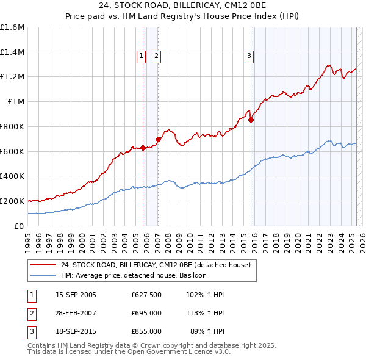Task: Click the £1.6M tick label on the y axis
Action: pyautogui.click(x=12, y=27)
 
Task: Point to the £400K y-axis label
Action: pyautogui.click(x=12, y=176)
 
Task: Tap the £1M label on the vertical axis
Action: pyautogui.click(x=16, y=102)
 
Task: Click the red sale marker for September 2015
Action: pyautogui.click(x=251, y=120)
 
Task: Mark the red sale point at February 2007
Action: pyautogui.click(x=158, y=139)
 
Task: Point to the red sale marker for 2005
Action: pyautogui.click(x=143, y=148)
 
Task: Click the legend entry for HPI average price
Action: pyautogui.click(x=134, y=275)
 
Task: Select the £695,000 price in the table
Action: pyautogui.click(x=146, y=314)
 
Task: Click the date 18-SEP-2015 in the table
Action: pyautogui.click(x=76, y=331)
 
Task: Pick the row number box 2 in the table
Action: pyautogui.click(x=31, y=314)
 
